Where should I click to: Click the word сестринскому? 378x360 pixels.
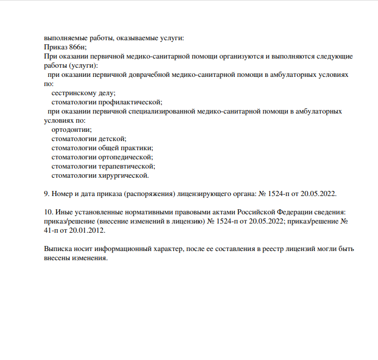tap(74, 93)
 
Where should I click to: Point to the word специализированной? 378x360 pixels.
tap(159, 111)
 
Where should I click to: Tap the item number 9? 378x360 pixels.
tap(47, 194)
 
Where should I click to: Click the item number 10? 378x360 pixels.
tap(48, 212)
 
